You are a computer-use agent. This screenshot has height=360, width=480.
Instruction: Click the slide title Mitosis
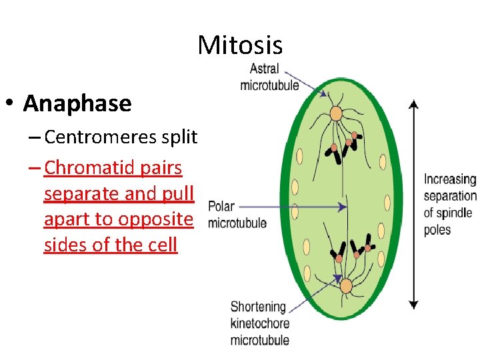coord(240,45)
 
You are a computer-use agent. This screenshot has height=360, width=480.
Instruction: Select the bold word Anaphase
coord(77,103)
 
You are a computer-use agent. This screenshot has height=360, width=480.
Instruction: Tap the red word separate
coord(79,194)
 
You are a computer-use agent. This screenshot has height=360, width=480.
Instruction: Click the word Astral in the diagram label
coord(264,69)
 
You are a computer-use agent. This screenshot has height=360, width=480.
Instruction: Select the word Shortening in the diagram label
coord(258,307)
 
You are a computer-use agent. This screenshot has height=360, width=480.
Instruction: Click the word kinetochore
coord(261,323)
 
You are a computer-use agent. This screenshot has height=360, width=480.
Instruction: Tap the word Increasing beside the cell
coord(450,180)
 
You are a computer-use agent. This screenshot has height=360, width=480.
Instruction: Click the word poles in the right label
coord(437,230)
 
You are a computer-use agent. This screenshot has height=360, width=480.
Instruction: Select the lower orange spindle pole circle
coord(345,286)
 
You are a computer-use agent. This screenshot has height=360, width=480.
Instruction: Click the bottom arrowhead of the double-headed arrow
coord(413,305)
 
